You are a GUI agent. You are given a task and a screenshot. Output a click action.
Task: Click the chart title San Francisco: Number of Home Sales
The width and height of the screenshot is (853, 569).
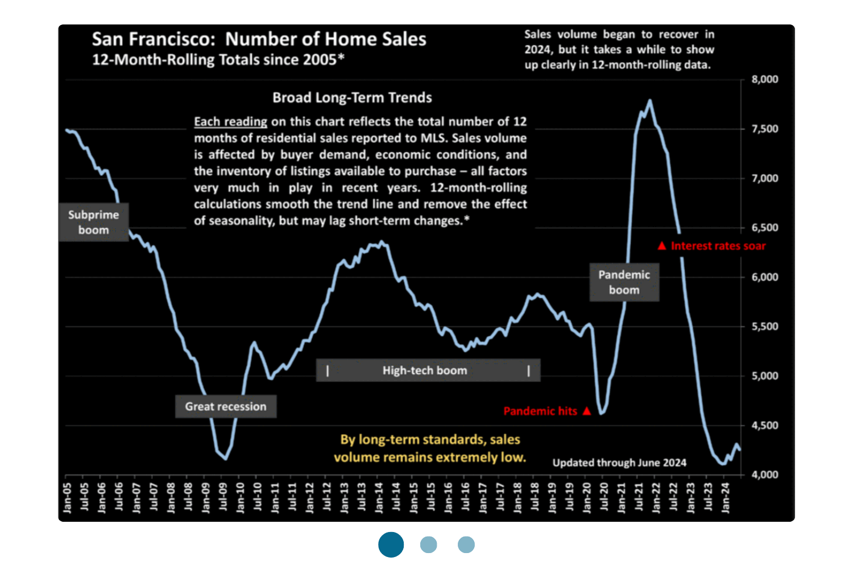pyautogui.click(x=259, y=39)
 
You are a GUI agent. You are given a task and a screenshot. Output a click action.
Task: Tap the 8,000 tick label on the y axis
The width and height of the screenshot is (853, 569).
pyautogui.click(x=764, y=79)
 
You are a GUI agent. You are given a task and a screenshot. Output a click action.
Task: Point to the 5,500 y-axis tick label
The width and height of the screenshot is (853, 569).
pyautogui.click(x=764, y=327)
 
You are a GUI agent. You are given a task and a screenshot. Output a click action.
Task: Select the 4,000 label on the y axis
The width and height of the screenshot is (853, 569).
pyautogui.click(x=764, y=475)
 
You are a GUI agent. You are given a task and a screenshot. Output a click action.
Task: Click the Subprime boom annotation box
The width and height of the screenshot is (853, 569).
pyautogui.click(x=94, y=222)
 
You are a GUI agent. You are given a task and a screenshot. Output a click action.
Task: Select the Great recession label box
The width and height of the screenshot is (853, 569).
pyautogui.click(x=226, y=407)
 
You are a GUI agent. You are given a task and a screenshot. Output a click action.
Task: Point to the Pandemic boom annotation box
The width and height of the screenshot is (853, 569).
pyautogui.click(x=624, y=282)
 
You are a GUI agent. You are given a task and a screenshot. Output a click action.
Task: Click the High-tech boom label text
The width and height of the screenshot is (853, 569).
pyautogui.click(x=425, y=370)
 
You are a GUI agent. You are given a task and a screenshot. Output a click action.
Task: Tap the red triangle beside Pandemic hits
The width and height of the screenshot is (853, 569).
pyautogui.click(x=587, y=411)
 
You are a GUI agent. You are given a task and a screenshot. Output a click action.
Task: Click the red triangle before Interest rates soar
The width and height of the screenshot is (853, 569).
pyautogui.click(x=661, y=246)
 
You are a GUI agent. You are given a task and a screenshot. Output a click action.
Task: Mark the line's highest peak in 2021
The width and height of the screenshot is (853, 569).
pyautogui.click(x=649, y=101)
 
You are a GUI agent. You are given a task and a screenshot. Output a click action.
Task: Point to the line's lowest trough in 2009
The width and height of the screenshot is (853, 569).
pyautogui.click(x=225, y=459)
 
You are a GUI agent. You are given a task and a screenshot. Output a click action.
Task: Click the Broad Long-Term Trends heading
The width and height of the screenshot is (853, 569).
pyautogui.click(x=352, y=98)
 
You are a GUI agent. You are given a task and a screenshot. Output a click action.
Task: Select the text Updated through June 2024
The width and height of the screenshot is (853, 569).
pyautogui.click(x=619, y=463)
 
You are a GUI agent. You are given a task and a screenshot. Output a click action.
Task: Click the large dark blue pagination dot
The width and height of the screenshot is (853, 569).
pyautogui.click(x=391, y=545)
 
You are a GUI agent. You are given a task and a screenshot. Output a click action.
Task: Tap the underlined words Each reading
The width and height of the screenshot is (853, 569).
pyautogui.click(x=230, y=122)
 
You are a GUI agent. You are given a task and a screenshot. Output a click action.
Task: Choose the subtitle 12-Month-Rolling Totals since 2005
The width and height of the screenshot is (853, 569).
pyautogui.click(x=218, y=60)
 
